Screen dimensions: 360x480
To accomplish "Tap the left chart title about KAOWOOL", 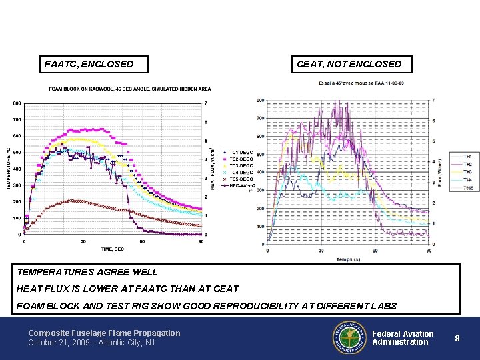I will pyautogui.click(x=129, y=89).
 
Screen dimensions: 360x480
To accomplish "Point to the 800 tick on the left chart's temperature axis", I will pyautogui.click(x=17, y=103).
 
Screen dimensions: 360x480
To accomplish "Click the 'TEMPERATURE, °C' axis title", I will pyautogui.click(x=9, y=167).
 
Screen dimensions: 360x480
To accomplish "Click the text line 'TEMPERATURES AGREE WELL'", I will pyautogui.click(x=88, y=272).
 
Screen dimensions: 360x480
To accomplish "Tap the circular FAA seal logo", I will pyautogui.click(x=349, y=337).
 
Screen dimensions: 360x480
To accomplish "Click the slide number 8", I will pyautogui.click(x=457, y=338).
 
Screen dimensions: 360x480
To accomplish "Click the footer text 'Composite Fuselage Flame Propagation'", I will pyautogui.click(x=104, y=333).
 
